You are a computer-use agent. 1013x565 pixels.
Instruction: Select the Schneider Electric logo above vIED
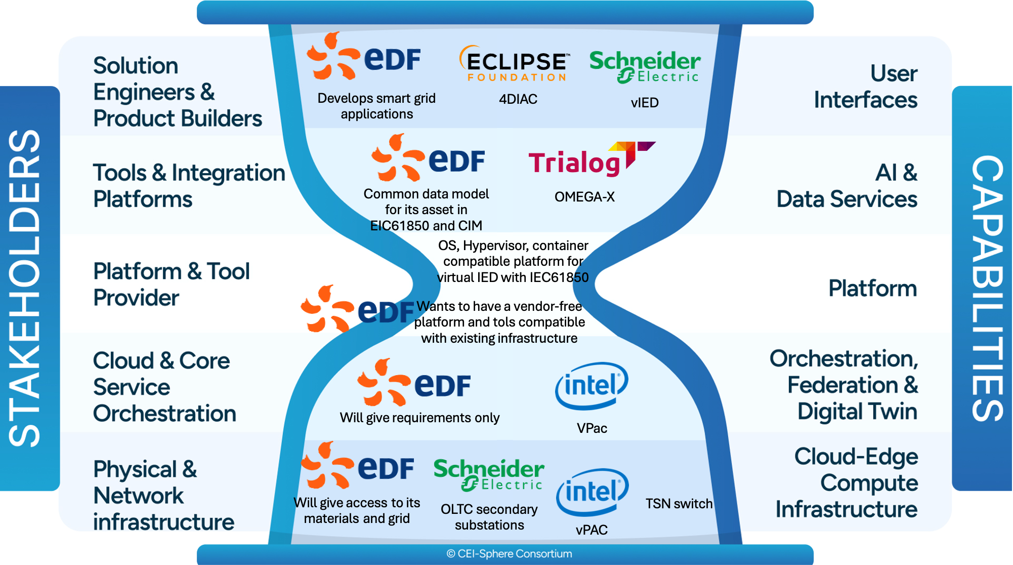(645, 66)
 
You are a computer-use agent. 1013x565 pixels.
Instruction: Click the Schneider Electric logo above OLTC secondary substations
(489, 474)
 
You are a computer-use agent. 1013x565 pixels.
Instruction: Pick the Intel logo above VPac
(592, 386)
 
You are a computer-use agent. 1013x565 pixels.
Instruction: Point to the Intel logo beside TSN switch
(592, 491)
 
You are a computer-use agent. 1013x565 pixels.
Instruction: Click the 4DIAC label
(518, 99)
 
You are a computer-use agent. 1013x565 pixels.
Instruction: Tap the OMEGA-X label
(584, 197)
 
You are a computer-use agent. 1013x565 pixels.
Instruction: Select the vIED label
(645, 103)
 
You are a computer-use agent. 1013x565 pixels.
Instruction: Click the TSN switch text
(679, 504)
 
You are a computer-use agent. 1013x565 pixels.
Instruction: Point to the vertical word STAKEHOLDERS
(25, 289)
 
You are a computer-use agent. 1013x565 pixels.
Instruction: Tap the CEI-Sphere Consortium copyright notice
(509, 554)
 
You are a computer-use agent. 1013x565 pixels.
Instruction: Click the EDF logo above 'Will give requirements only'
(414, 384)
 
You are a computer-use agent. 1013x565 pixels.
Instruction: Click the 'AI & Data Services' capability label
(847, 186)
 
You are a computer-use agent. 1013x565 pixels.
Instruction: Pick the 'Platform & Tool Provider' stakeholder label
(172, 285)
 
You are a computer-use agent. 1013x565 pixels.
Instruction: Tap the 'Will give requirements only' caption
(419, 418)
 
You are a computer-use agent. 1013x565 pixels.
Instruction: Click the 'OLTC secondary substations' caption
(489, 517)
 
